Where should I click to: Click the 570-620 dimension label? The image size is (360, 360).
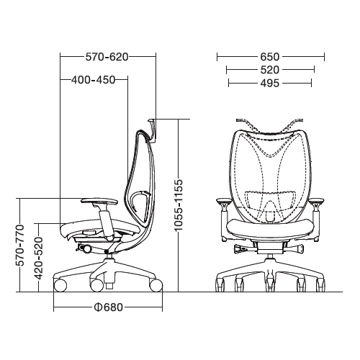[x=107, y=57]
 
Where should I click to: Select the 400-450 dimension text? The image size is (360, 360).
[x=94, y=80]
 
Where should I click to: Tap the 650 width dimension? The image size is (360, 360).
[x=270, y=57]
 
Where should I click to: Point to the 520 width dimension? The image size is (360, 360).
[x=270, y=70]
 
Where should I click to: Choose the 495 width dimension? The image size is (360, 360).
[x=270, y=84]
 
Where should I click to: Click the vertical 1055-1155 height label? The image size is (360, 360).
[x=179, y=205]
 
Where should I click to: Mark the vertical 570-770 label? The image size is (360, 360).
[x=20, y=246]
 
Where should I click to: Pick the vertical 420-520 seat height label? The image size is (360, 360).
[x=38, y=258]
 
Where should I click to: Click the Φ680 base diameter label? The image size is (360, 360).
[x=109, y=307]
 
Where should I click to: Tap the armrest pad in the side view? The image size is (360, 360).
[x=99, y=201]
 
